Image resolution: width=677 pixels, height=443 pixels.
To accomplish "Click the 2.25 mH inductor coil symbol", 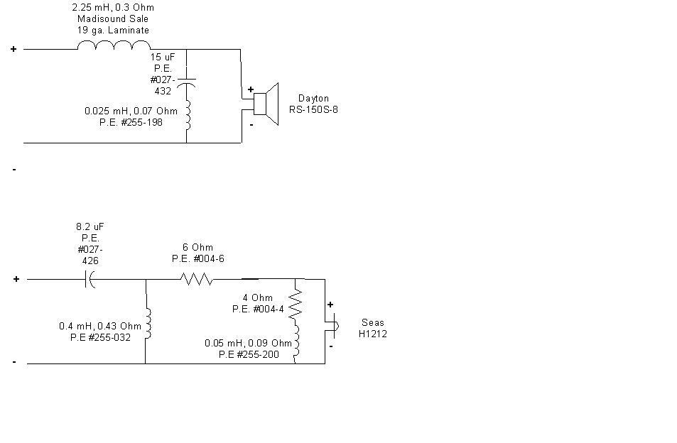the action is point(114,45).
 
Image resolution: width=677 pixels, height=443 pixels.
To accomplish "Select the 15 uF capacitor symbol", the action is point(187,82).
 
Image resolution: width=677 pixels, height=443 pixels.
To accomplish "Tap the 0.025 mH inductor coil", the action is point(188,115).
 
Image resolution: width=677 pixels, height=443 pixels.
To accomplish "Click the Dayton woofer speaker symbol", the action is point(266,104).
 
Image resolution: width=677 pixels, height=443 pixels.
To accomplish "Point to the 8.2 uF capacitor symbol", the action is point(90,279).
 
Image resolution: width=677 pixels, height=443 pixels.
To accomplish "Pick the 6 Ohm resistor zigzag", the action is point(197,279).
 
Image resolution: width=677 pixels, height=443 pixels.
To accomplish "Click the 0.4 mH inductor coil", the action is point(148,324).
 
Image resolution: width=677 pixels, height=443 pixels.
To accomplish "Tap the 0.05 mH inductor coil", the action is point(296,341).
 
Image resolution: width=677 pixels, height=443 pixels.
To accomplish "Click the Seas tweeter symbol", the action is point(335,326).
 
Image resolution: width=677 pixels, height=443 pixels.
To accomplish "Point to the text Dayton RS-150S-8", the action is point(313,104).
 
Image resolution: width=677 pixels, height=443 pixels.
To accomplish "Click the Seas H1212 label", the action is point(373,328).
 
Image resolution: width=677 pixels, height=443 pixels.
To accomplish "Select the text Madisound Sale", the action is point(113,19).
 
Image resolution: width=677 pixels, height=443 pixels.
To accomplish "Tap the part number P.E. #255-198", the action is point(131,123).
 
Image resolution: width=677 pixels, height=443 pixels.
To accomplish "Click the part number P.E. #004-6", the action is point(197,259).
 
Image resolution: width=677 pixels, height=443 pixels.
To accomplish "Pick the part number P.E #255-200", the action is point(249,354).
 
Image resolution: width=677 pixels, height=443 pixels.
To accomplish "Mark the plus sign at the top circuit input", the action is point(13,49).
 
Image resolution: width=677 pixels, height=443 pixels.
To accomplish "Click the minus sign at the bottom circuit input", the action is point(14,362).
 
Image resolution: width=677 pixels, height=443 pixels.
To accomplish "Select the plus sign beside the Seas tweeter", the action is point(330,305).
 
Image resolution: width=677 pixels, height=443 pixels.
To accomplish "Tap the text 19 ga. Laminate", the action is point(113,31).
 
